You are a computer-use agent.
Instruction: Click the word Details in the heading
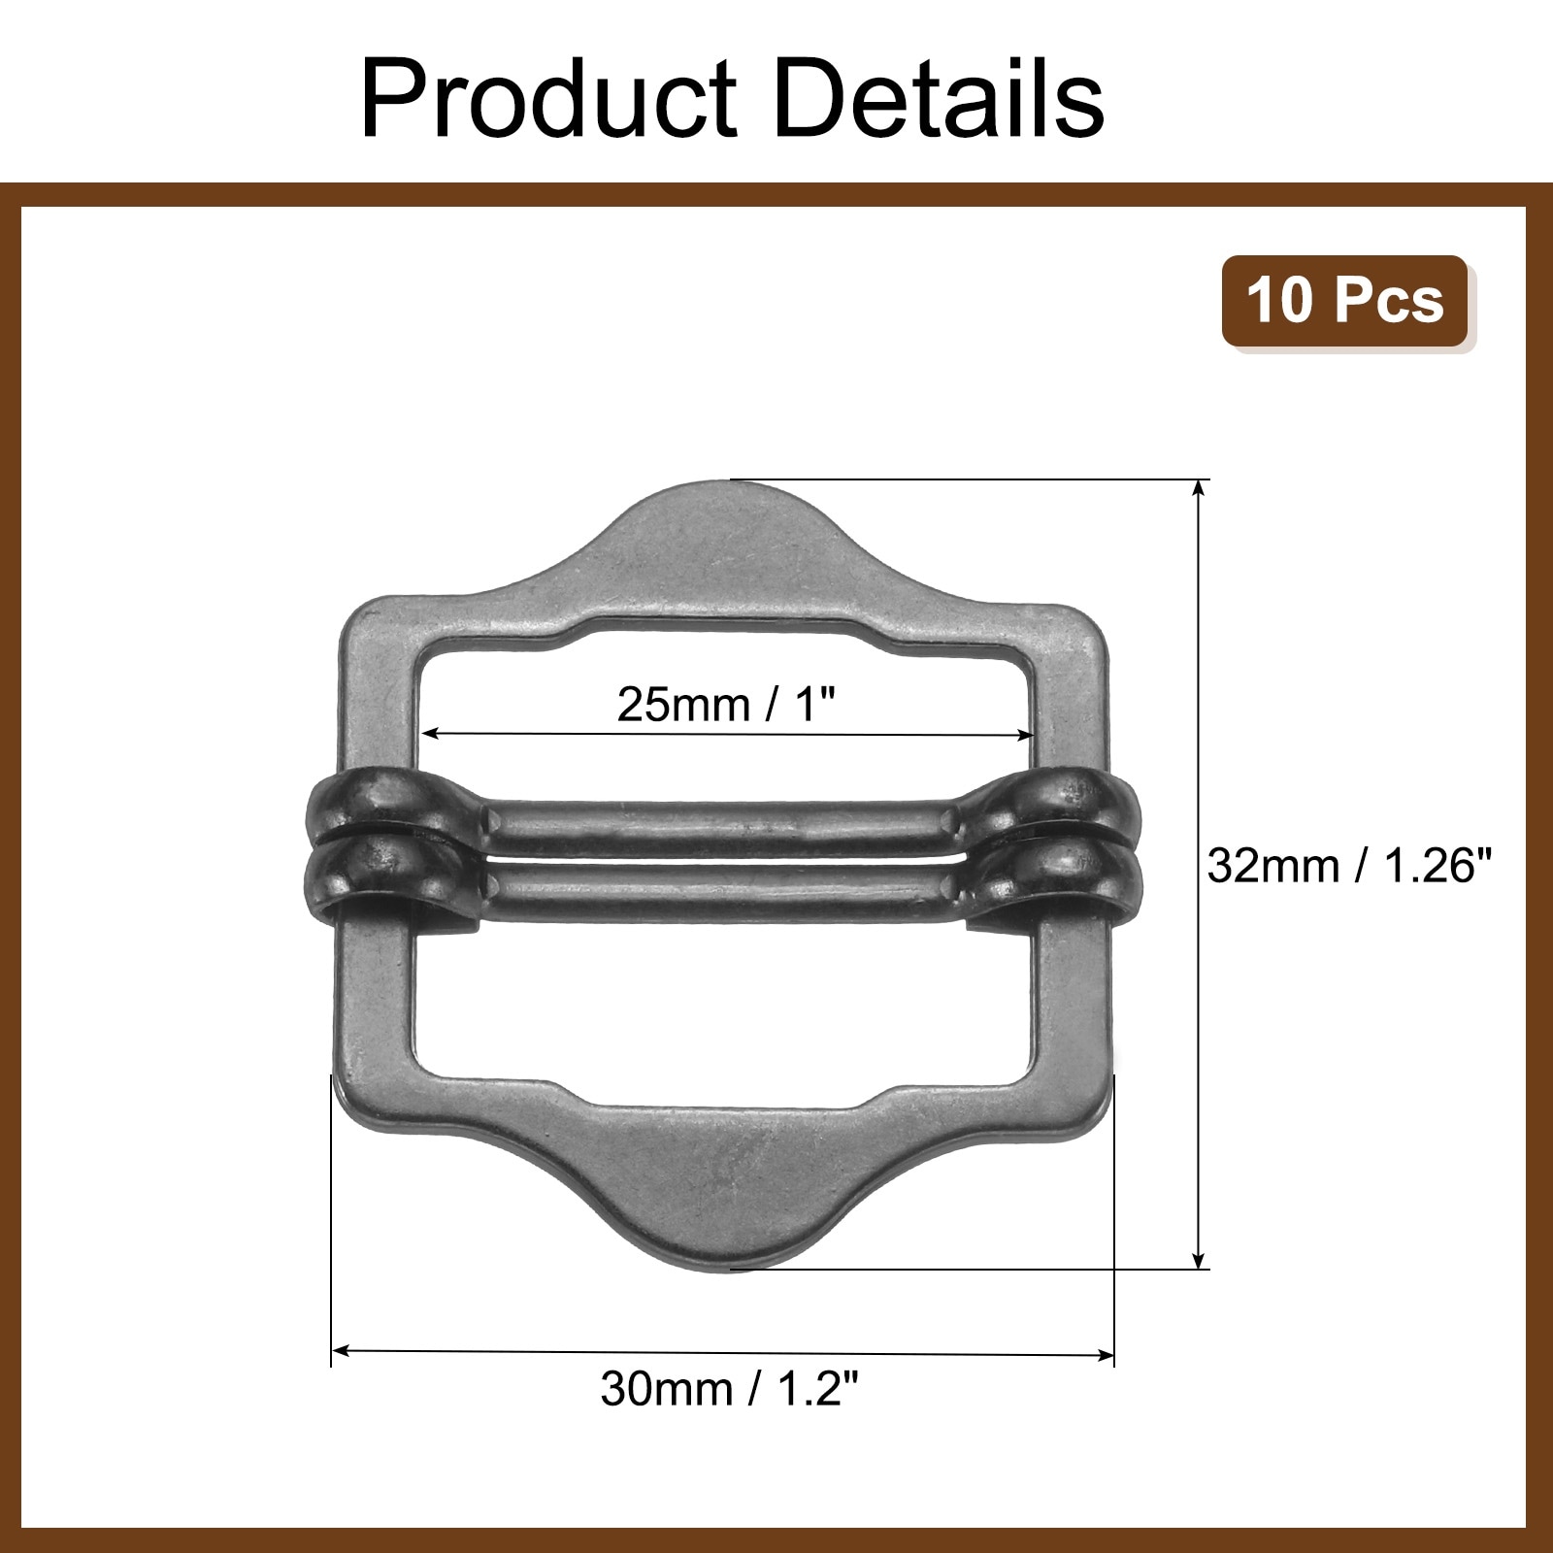[x=939, y=100]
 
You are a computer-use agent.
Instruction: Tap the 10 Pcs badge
[x=1345, y=300]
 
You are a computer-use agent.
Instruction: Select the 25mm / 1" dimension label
[x=726, y=705]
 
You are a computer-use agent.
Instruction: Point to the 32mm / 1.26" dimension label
[x=1348, y=865]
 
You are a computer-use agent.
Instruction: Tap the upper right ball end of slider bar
[x=1068, y=801]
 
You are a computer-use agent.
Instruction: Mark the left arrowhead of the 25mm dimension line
[x=429, y=733]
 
